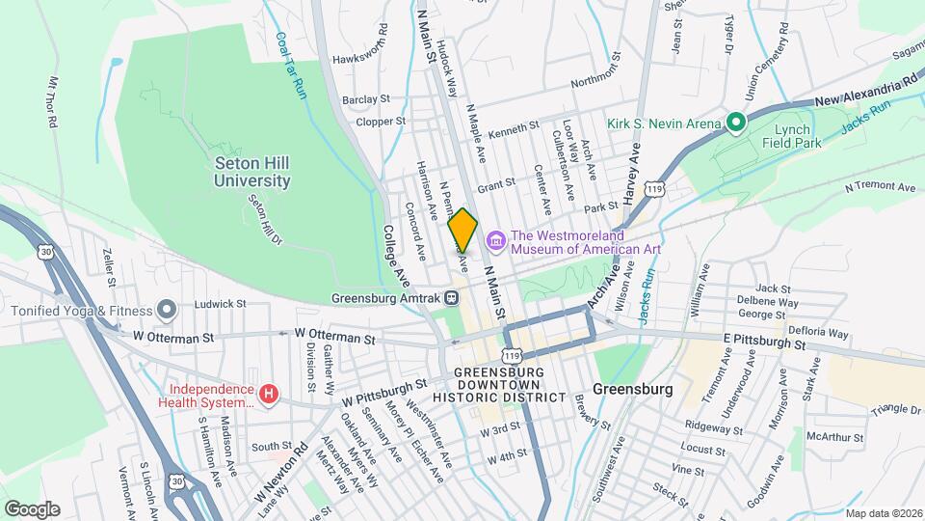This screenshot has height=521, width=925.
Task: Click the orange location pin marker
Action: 462,230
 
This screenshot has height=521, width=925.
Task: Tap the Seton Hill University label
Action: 252,172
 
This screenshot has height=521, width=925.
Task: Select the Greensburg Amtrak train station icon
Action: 451,298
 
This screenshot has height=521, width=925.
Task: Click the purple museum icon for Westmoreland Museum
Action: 496,238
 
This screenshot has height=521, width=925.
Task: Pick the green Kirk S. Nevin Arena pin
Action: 736,123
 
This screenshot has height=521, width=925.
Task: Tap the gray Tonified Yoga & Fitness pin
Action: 168,311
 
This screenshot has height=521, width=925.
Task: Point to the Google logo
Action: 32,508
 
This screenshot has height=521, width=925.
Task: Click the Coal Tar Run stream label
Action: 288,65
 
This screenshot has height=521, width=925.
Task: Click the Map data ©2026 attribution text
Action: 882,512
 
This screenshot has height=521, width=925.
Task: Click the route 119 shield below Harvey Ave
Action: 654,186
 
